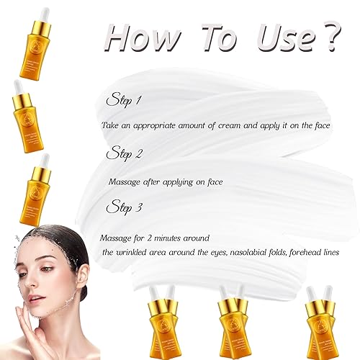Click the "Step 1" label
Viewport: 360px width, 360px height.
pyautogui.click(x=124, y=99)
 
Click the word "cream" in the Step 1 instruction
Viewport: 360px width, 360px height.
pyautogui.click(x=222, y=125)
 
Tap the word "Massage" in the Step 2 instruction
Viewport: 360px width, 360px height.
pyautogui.click(x=126, y=181)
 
